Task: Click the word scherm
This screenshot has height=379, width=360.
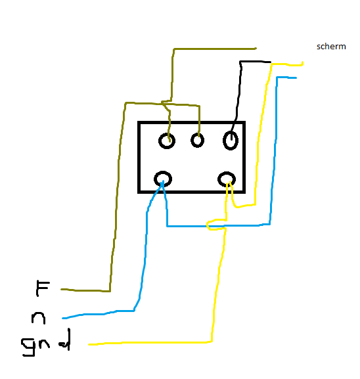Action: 331,47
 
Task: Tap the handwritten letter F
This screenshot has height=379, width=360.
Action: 43,288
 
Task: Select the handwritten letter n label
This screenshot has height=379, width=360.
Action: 39,318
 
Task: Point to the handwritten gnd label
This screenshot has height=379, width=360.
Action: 46,342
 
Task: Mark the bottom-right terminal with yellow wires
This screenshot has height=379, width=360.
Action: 227,173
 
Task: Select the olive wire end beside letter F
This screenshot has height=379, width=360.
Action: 61,289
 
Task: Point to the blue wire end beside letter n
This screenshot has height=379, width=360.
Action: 63,318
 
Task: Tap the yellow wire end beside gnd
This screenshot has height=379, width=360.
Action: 89,344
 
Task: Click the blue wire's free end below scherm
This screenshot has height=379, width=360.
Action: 296,78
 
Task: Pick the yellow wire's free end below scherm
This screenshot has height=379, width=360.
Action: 302,63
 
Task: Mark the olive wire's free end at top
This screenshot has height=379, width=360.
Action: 256,49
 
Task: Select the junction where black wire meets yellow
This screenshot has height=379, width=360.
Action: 271,63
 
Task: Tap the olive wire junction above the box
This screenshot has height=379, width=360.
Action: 162,103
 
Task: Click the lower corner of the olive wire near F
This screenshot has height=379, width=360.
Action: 110,291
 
